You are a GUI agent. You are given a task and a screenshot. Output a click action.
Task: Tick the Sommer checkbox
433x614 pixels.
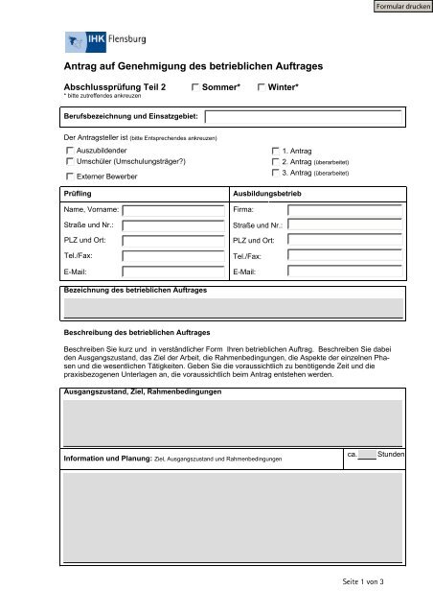pos(194,87)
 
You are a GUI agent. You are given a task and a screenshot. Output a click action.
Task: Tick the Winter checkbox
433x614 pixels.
pos(261,87)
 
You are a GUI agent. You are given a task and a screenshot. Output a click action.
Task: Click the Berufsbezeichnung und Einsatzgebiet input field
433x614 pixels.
pos(303,117)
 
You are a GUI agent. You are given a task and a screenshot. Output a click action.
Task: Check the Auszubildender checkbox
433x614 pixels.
pos(69,152)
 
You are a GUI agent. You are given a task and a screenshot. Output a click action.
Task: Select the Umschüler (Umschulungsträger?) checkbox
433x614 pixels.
pos(69,162)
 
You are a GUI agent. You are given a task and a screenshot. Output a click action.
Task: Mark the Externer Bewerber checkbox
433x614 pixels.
pos(69,177)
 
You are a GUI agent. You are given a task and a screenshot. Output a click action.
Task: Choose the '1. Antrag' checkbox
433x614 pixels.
pos(276,152)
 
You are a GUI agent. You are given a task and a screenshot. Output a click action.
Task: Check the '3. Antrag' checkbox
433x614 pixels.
pos(276,174)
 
